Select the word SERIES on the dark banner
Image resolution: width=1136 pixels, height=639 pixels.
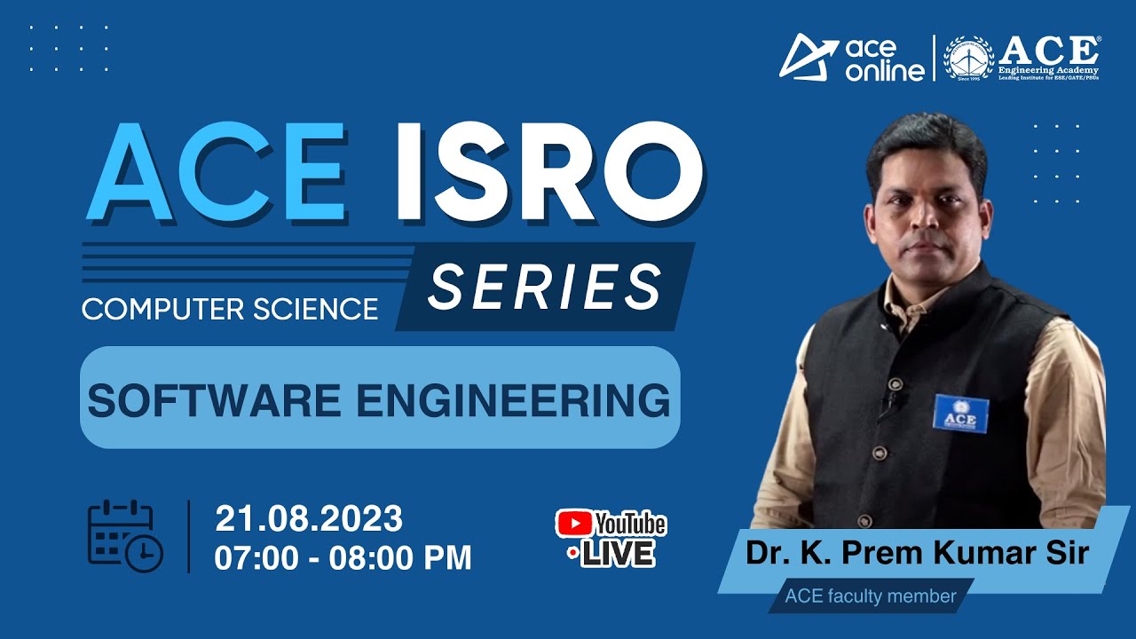tap(545, 287)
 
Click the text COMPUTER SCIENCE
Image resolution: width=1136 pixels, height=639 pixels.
tap(230, 309)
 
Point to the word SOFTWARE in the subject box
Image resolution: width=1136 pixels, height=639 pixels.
tap(217, 400)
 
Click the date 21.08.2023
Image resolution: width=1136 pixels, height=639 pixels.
tap(309, 518)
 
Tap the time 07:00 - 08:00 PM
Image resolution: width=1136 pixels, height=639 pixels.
tap(343, 558)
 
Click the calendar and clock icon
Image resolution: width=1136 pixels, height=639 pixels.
tap(124, 536)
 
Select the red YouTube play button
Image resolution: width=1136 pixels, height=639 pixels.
tap(573, 524)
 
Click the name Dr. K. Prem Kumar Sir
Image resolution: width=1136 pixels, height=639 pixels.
tap(917, 553)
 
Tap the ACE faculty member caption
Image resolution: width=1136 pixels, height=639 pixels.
tap(870, 596)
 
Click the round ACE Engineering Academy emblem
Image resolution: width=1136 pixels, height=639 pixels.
tap(968, 58)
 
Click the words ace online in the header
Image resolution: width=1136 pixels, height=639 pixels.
tap(883, 59)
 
